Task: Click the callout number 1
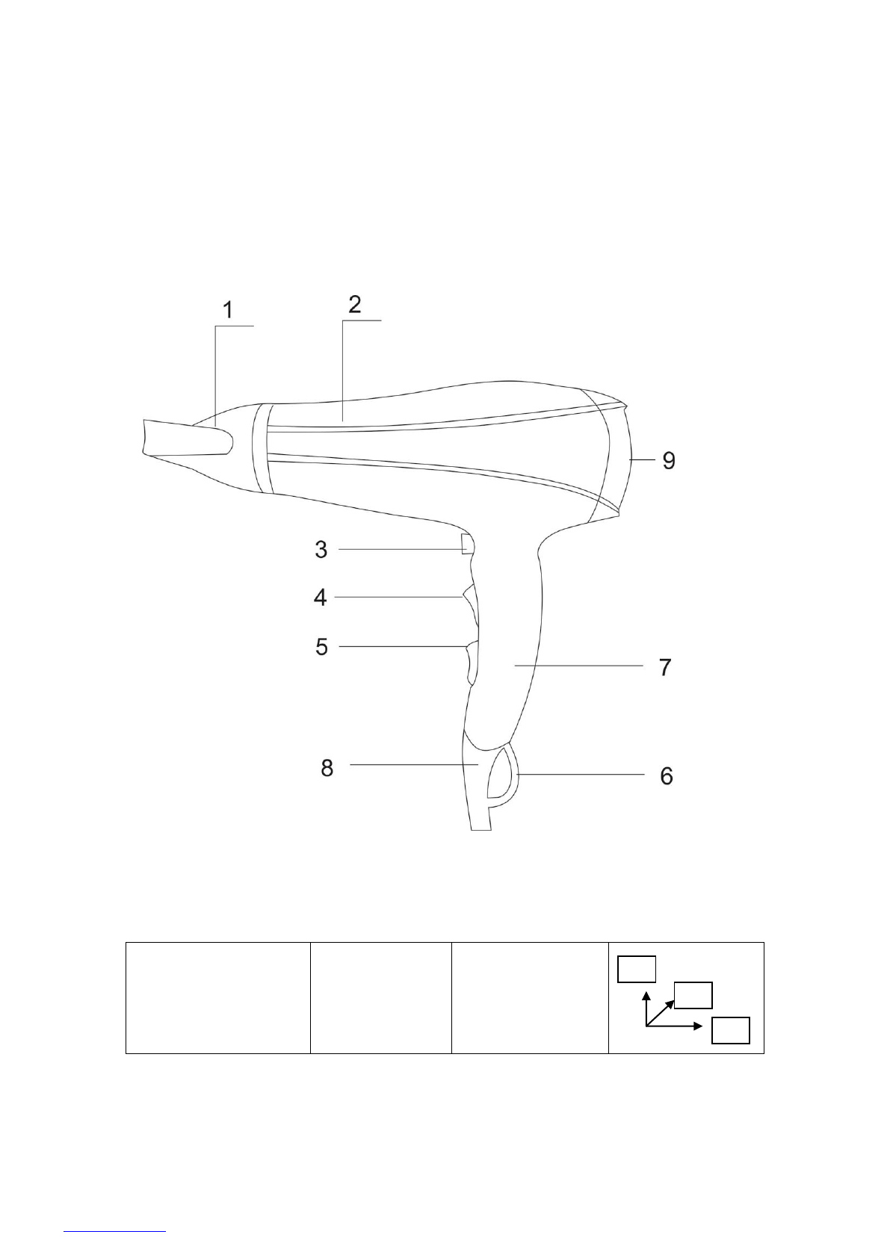pyautogui.click(x=228, y=309)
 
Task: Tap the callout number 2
pyautogui.click(x=354, y=304)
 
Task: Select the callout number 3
pyautogui.click(x=321, y=550)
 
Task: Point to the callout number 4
pyautogui.click(x=321, y=598)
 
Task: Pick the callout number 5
pyautogui.click(x=321, y=646)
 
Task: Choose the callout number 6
pyautogui.click(x=667, y=776)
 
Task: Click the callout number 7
pyautogui.click(x=665, y=668)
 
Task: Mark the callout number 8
pyautogui.click(x=327, y=768)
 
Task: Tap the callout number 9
pyautogui.click(x=669, y=460)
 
